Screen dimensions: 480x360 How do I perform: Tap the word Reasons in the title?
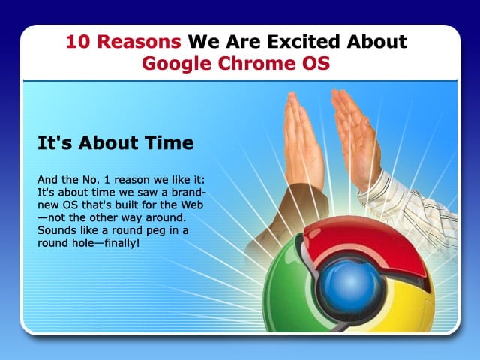pos(139,42)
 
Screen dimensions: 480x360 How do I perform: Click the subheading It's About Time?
pos(115,143)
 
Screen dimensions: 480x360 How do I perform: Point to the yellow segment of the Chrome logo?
pos(410,306)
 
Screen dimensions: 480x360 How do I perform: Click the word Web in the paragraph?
pos(192,205)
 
